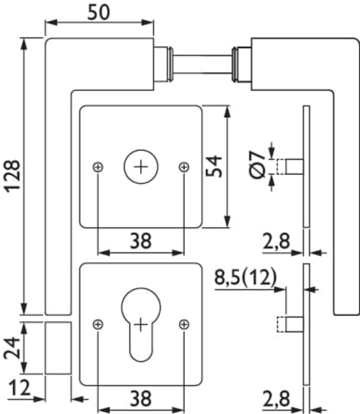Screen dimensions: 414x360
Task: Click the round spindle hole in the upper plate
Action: click(x=140, y=167)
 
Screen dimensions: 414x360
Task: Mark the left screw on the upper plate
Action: click(x=98, y=167)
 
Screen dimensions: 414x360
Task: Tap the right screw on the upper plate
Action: click(x=183, y=167)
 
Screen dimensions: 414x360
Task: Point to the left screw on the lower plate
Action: click(x=98, y=324)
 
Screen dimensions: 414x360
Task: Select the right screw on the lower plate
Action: click(x=183, y=324)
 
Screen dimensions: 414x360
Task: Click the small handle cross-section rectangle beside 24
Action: click(x=57, y=347)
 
